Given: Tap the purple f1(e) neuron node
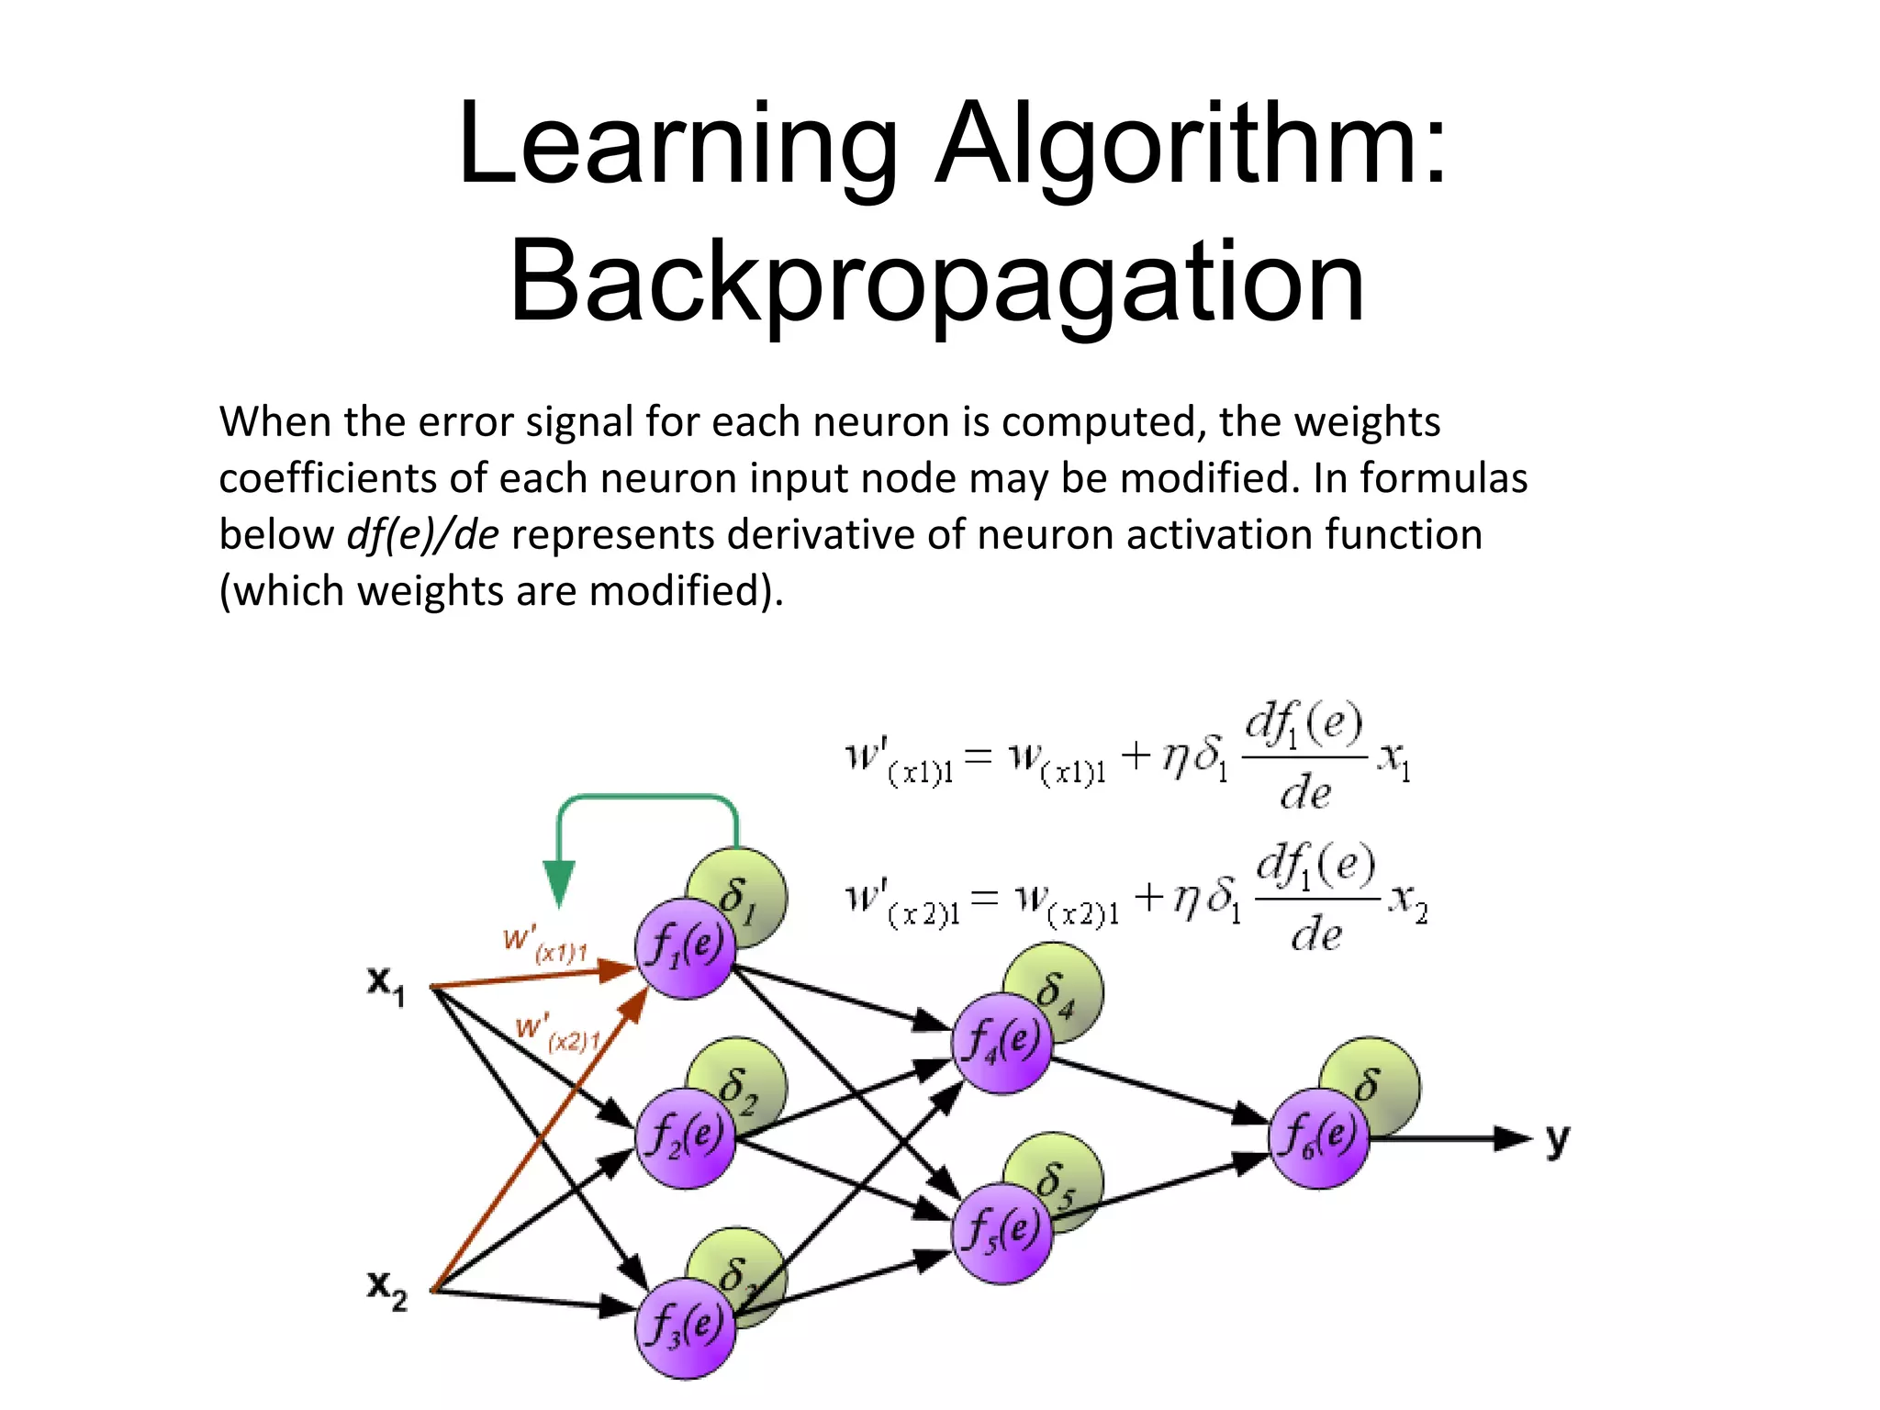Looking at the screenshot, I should (685, 947).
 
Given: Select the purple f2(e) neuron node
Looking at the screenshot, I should (685, 1138).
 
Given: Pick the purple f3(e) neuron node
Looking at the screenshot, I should (685, 1327).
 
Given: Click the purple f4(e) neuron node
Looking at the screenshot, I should (1002, 1043).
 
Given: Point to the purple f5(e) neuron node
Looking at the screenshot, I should (1002, 1233).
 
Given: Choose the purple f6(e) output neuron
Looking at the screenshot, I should (1318, 1138).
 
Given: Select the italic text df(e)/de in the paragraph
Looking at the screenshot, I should (422, 534).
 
